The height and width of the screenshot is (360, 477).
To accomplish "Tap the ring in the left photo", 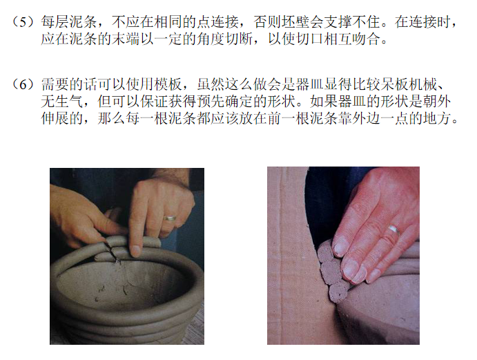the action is coord(170,218).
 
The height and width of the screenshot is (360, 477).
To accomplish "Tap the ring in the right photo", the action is coord(393,229).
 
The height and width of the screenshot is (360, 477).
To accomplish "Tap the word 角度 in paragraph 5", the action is coord(211,39).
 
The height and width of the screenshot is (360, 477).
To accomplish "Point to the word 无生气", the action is coord(62,102).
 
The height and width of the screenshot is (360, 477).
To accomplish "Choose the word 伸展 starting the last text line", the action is coord(55,118).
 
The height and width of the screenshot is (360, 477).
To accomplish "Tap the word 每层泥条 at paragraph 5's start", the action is coord(69,22).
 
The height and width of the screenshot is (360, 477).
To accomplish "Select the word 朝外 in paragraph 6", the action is coord(436,102).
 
